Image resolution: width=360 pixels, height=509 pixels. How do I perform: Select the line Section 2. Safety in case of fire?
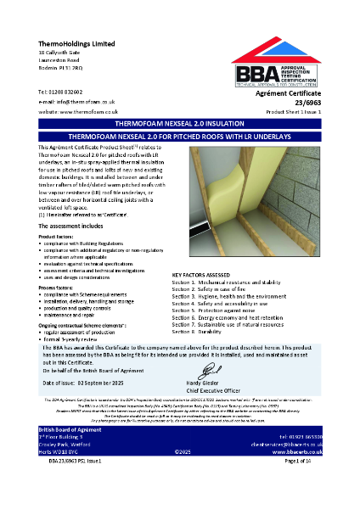pos(217,289)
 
